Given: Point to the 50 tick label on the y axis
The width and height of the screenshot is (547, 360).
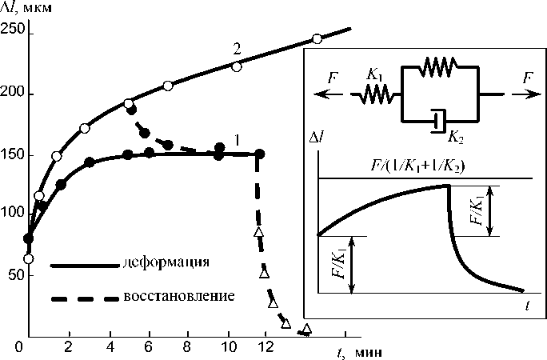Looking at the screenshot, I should tap(13, 274).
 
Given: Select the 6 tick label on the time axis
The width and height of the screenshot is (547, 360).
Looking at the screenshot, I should tap(147, 347).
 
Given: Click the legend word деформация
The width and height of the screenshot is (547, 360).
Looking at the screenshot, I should tap(167, 262).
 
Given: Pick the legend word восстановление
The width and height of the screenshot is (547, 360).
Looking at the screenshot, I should tap(179, 297).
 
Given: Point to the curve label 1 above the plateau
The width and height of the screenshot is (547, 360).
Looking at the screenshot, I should tap(238, 141).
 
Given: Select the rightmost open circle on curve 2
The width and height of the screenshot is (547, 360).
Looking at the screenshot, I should tap(317, 39).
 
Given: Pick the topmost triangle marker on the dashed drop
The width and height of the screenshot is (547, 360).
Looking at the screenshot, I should tap(258, 232).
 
